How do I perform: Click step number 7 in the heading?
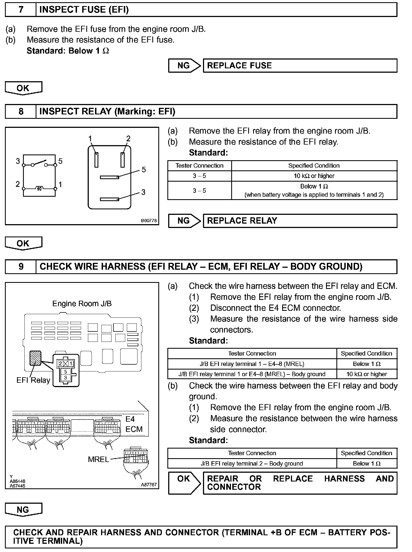(x=21, y=10)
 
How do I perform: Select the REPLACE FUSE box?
(x=300, y=66)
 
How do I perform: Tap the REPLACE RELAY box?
(x=300, y=221)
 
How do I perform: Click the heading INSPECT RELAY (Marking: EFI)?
(x=107, y=111)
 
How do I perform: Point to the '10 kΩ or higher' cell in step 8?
(x=314, y=176)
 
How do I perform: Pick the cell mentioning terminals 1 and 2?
(x=314, y=191)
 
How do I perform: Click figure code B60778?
(x=149, y=221)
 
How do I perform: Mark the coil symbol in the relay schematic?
(x=39, y=188)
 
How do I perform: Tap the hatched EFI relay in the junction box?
(x=35, y=358)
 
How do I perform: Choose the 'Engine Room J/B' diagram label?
(x=82, y=304)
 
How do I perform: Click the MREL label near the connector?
(x=98, y=459)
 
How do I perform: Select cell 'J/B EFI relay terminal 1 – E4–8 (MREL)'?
(x=252, y=364)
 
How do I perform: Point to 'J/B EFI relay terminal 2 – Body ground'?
(x=252, y=464)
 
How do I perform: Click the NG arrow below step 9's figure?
(x=23, y=510)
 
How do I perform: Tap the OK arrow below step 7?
(x=23, y=88)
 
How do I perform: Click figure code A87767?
(x=149, y=485)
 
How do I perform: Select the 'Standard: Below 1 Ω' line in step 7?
(x=68, y=51)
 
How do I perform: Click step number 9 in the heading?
(x=21, y=267)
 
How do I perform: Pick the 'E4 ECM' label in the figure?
(x=134, y=424)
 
